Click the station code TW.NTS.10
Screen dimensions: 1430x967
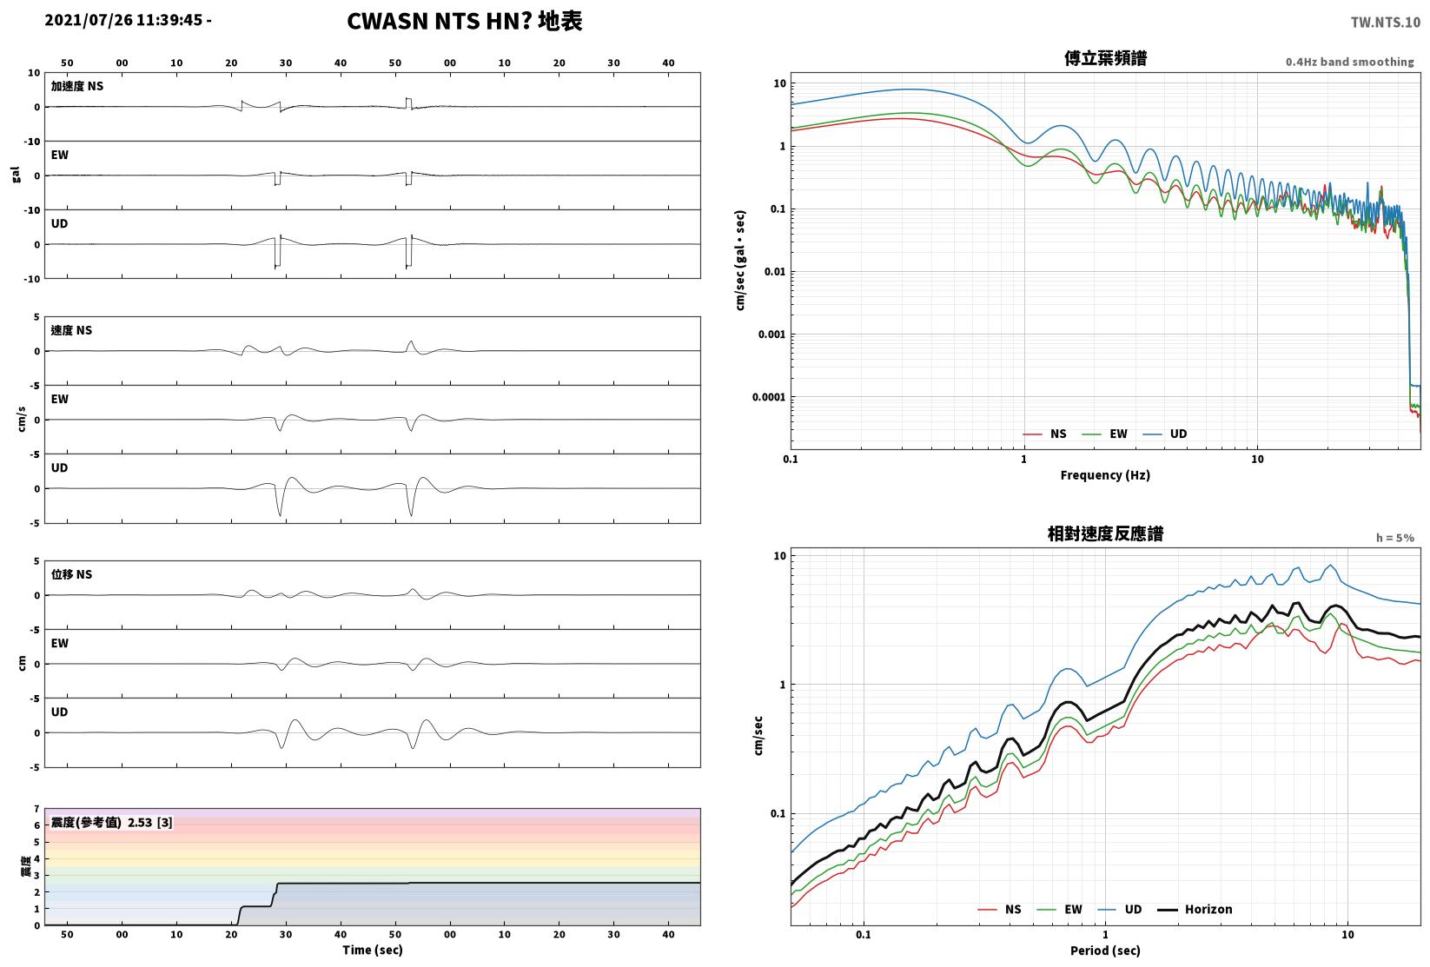click(x=1386, y=23)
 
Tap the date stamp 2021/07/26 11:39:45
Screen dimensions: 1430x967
click(x=123, y=20)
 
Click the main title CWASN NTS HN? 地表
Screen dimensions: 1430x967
click(x=464, y=21)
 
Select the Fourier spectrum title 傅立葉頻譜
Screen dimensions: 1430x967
click(x=1105, y=58)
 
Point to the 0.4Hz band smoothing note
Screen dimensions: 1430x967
click(x=1349, y=62)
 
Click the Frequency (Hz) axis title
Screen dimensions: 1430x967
click(x=1105, y=475)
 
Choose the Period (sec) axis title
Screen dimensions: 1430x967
click(x=1105, y=950)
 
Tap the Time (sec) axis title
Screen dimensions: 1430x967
click(x=372, y=950)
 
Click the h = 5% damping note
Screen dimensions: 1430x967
click(x=1395, y=538)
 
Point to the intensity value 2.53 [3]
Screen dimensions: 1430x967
click(x=150, y=822)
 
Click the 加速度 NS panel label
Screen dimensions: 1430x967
click(x=77, y=86)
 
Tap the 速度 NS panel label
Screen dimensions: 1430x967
click(x=71, y=330)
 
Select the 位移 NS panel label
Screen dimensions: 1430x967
click(x=71, y=574)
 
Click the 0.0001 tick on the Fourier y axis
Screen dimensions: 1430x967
click(x=769, y=397)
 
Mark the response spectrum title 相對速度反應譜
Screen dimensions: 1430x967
click(x=1105, y=533)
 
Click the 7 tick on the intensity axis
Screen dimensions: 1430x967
click(x=37, y=809)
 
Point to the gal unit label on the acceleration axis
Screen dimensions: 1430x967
click(x=16, y=175)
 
